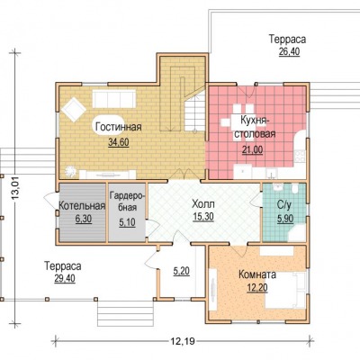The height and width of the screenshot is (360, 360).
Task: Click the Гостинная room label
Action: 119,127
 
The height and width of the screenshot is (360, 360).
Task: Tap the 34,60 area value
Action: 119,142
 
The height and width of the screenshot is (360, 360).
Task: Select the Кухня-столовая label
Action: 255,127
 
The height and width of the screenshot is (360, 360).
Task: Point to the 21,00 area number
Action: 253,149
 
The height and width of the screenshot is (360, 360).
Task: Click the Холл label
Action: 203,204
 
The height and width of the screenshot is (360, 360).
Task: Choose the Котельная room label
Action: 82,206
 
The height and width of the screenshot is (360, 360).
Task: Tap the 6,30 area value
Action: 84,219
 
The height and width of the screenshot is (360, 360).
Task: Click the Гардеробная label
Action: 127,202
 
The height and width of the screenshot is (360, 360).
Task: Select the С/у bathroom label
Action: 284,205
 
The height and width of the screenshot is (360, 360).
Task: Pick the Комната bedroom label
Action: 257,274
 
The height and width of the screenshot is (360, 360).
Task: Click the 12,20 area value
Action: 257,288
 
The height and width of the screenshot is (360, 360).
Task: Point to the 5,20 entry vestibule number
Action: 182,271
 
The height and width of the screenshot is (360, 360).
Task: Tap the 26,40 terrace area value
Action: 289,51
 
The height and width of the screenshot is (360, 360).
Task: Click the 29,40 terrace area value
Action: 65,279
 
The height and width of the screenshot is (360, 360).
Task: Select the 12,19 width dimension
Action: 183,341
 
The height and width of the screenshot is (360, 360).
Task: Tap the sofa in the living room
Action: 114,98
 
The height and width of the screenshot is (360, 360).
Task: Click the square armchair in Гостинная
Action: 73,109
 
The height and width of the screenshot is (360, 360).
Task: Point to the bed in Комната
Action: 285,290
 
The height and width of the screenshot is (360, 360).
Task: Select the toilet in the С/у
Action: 295,189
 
